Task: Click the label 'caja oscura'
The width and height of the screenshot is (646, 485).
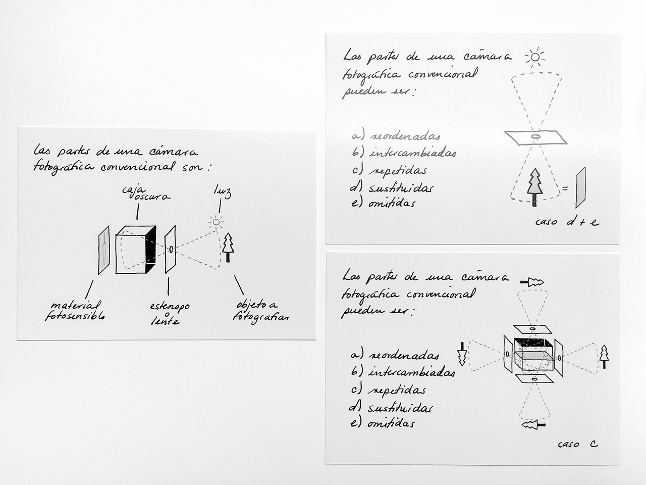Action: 146,193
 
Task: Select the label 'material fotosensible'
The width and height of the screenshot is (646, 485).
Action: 75,310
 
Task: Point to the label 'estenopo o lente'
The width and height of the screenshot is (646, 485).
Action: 169,313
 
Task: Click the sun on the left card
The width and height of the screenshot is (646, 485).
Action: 216,221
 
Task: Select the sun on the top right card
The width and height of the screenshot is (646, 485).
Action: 535,57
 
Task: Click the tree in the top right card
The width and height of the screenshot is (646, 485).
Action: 534,187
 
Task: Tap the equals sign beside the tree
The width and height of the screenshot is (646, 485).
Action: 565,188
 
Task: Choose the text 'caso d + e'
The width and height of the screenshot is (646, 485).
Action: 567,221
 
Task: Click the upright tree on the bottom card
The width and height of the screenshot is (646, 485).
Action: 604,357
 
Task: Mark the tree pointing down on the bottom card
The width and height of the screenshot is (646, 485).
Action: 462,354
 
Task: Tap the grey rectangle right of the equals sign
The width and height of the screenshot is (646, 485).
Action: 581,187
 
